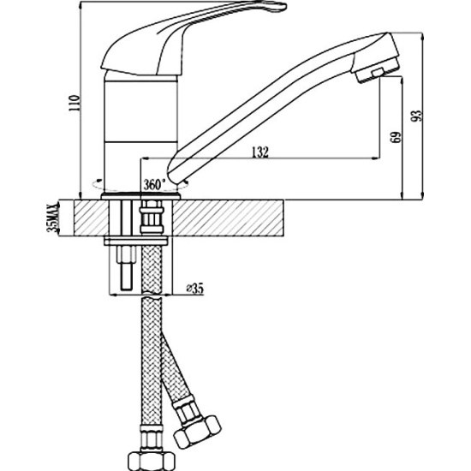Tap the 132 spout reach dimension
[260, 152]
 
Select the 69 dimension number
[396, 138]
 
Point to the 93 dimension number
[417, 116]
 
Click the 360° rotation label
[154, 184]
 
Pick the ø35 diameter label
[194, 289]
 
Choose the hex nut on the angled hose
[197, 430]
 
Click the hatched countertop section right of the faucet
[228, 218]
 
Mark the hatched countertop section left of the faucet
[91, 218]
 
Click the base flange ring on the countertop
[141, 197]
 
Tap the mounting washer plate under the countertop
[136, 241]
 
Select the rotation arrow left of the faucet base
[97, 184]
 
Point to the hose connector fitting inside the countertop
[152, 217]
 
